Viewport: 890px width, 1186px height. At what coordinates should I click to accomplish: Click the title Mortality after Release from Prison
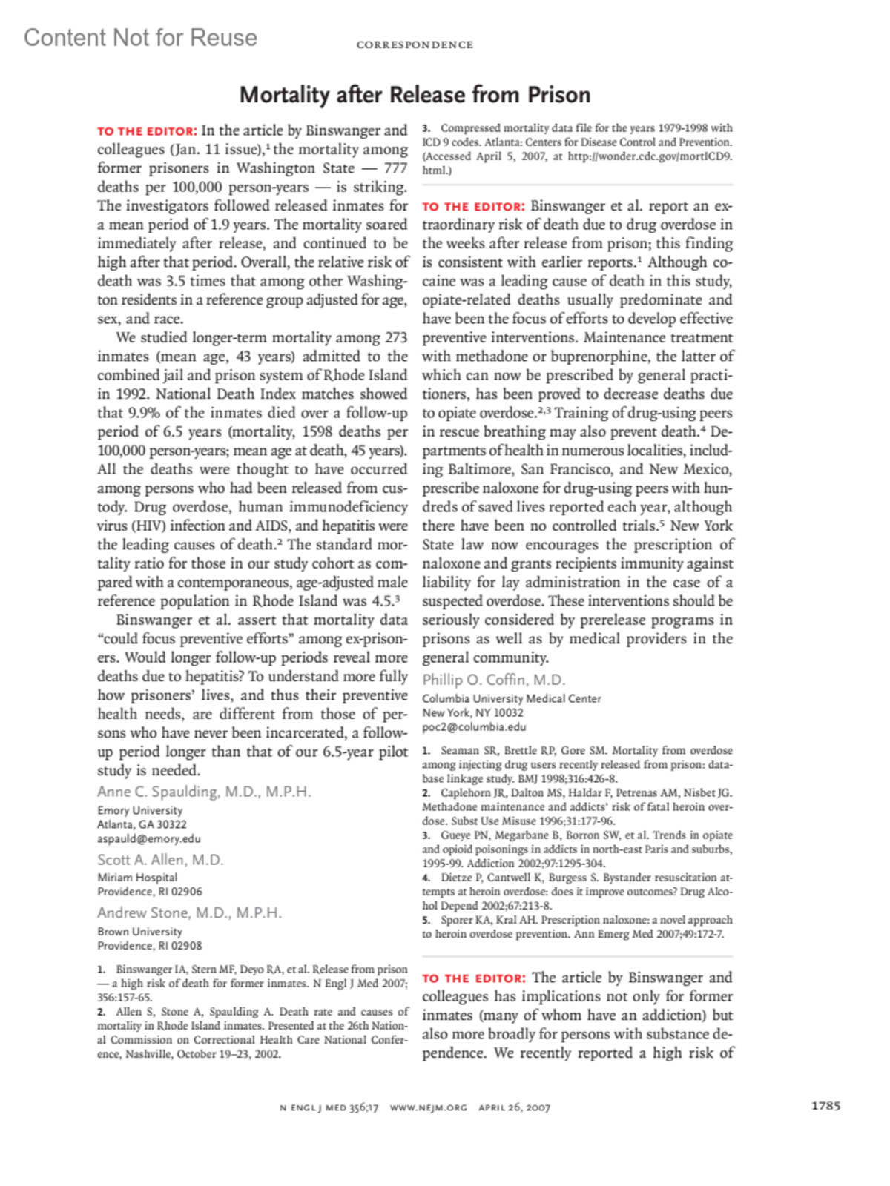tap(415, 95)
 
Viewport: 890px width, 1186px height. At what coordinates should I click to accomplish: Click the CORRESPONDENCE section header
tap(415, 45)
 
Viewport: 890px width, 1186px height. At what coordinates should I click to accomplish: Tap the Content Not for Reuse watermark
tap(141, 38)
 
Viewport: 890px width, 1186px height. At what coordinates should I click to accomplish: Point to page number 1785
tap(825, 1106)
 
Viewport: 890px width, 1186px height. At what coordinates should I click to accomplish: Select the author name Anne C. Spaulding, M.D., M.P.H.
tap(204, 792)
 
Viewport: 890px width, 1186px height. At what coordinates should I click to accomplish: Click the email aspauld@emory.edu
tap(149, 838)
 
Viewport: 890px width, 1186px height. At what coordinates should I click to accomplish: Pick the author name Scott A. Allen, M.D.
tap(160, 860)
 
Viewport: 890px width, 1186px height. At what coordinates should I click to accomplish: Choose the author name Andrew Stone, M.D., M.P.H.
tap(189, 912)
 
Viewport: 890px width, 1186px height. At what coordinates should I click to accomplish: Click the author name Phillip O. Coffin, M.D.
tap(494, 680)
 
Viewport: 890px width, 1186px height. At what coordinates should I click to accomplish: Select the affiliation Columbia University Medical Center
tap(511, 698)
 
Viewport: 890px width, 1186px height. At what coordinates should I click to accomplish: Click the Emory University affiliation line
tap(139, 810)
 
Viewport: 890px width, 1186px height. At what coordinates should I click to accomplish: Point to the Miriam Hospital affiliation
tap(137, 877)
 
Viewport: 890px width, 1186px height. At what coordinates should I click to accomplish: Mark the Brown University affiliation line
tap(139, 931)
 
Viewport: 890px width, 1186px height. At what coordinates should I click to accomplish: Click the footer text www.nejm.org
tap(429, 1107)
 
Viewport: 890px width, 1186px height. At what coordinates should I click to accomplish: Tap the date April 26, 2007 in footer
tap(514, 1107)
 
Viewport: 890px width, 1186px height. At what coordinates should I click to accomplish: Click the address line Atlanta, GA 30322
tap(142, 824)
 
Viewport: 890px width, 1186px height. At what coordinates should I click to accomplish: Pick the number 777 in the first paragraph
tap(395, 168)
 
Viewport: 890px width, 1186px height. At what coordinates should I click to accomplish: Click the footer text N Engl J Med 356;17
tap(329, 1107)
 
